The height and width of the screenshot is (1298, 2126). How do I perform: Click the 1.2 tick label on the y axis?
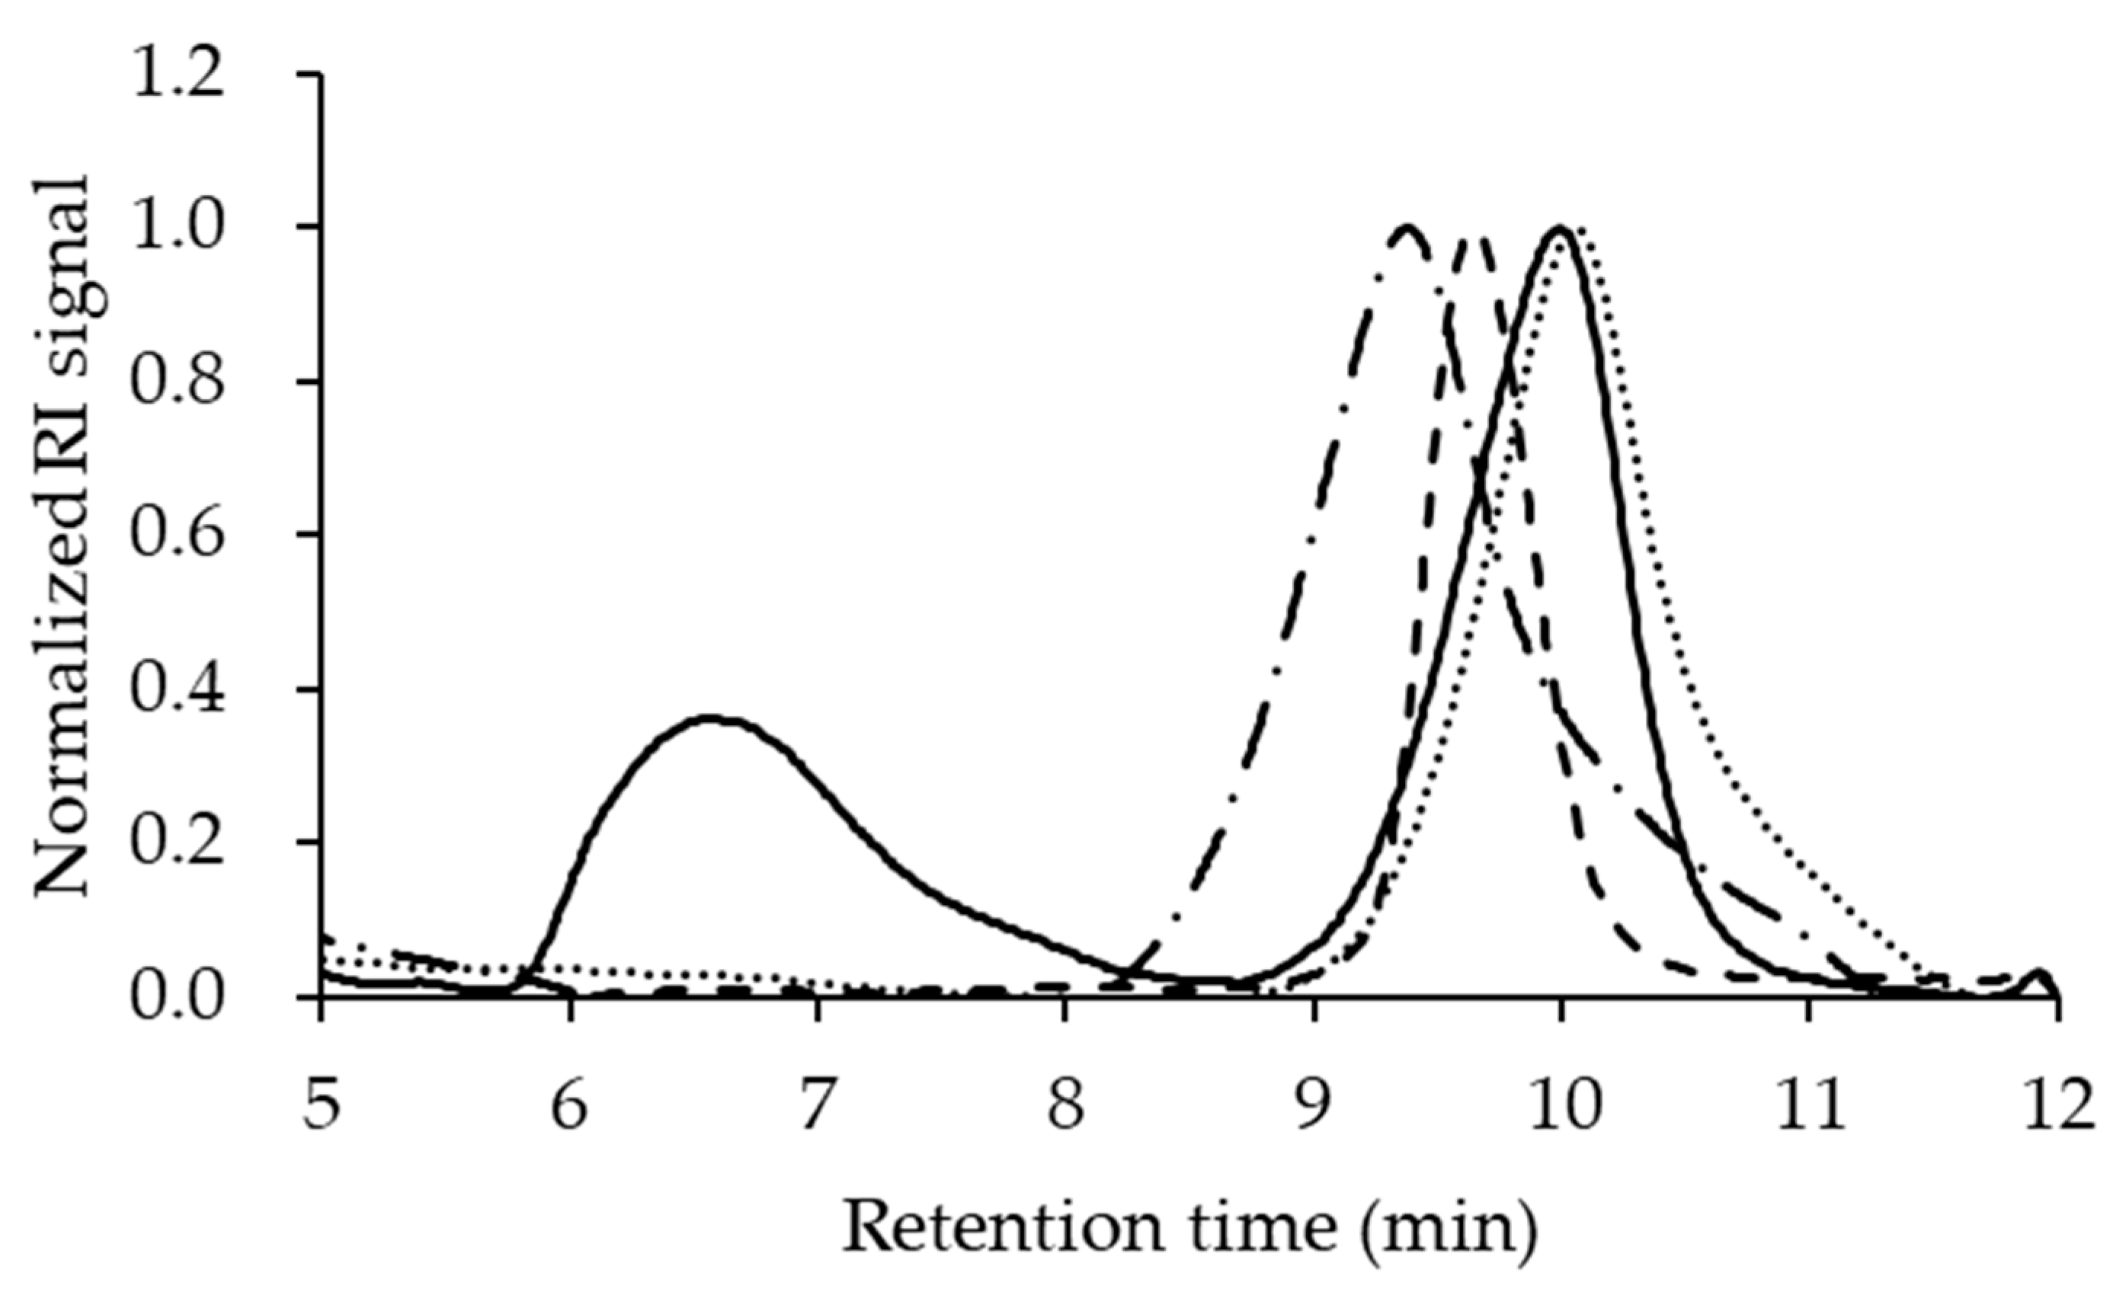tap(176, 75)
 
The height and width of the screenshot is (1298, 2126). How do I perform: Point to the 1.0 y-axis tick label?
tap(176, 227)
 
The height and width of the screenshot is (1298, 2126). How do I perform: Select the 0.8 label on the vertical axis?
tap(176, 380)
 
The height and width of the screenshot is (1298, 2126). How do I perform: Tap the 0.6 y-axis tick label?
tap(176, 534)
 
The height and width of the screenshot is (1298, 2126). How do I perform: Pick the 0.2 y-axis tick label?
tap(176, 841)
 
